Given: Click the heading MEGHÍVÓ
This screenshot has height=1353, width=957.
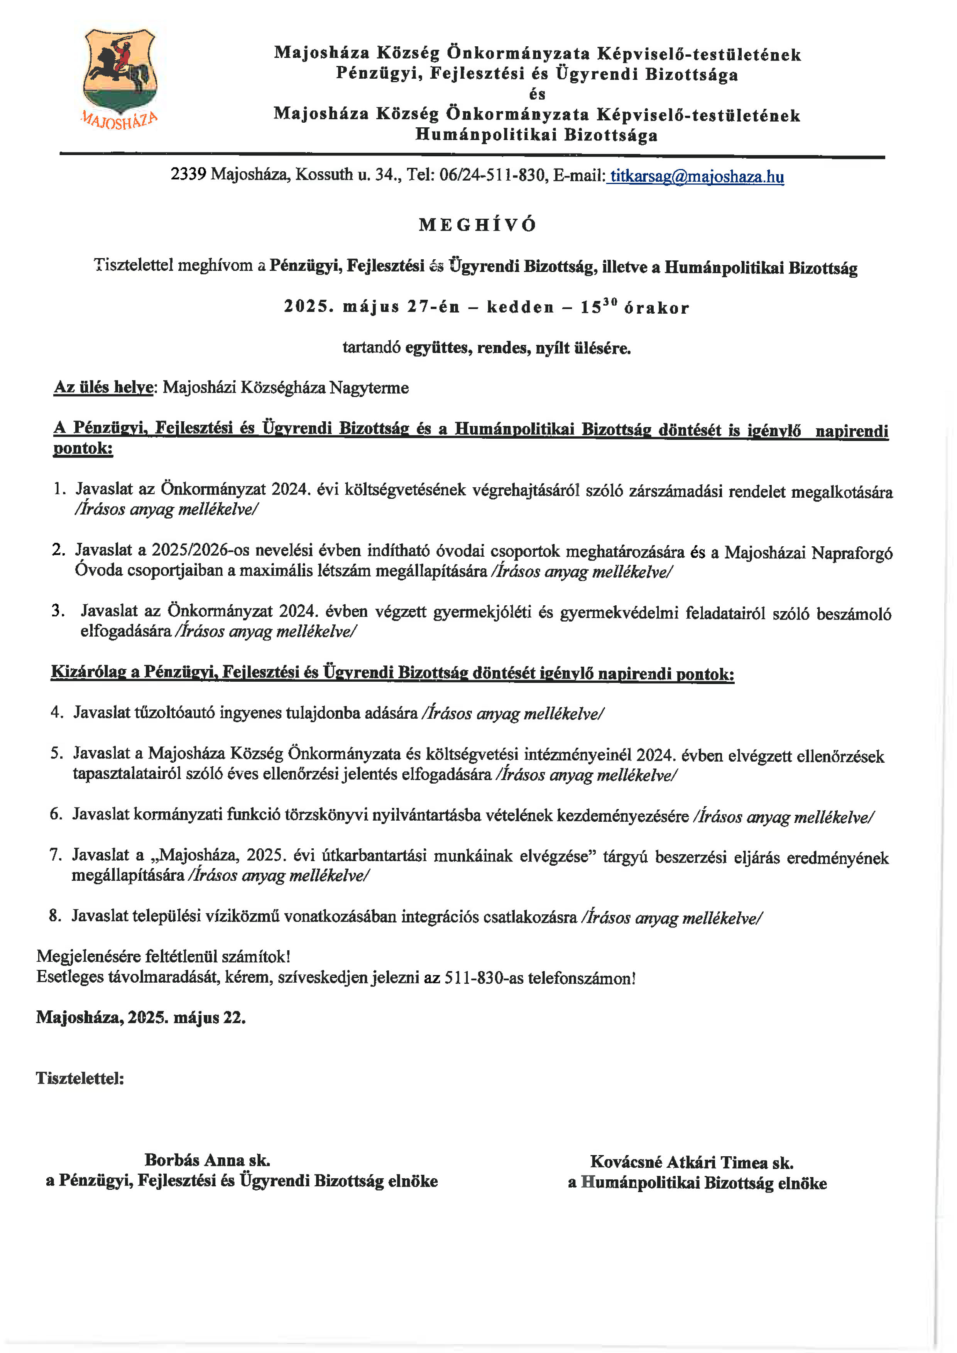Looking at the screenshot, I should coord(478,225).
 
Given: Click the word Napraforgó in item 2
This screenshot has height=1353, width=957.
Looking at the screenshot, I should coord(852,553).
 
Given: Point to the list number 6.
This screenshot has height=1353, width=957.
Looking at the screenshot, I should coord(56,814).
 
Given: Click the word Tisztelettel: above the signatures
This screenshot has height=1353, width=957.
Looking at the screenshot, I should coord(80,1078).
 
